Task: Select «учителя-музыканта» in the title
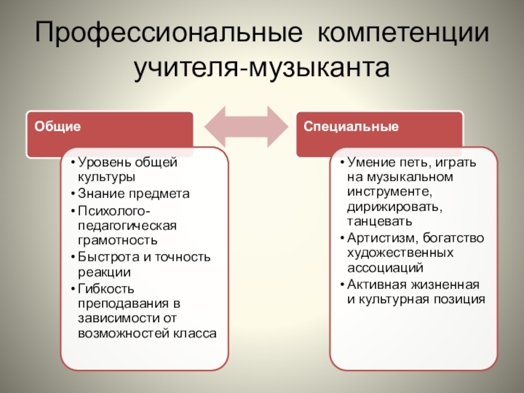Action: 262,67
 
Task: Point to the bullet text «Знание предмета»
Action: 133,194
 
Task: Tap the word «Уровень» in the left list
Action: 99,162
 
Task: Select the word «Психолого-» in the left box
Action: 114,210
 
